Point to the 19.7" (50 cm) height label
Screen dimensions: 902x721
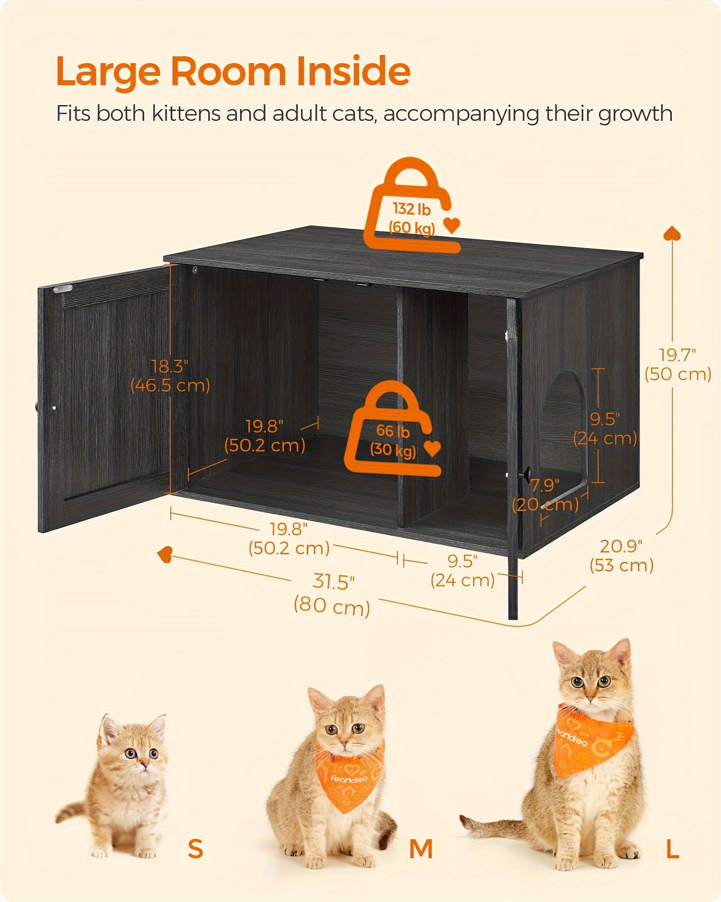[678, 364]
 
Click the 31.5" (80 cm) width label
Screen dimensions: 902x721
[333, 594]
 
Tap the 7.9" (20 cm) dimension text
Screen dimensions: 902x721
[545, 495]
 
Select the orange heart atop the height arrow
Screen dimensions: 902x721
[672, 233]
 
